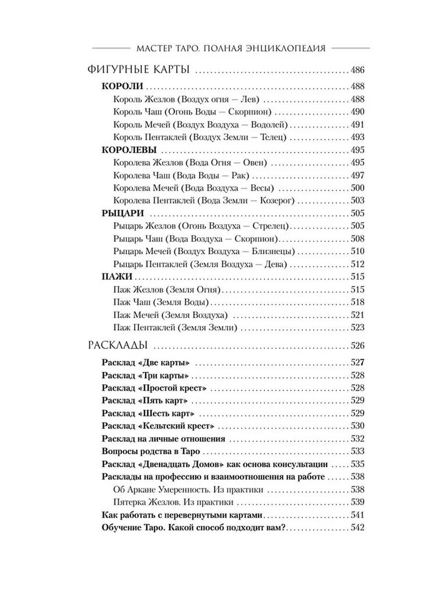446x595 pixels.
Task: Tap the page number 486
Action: coord(357,69)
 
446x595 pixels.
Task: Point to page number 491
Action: coord(357,124)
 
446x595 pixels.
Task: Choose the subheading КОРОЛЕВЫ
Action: coord(129,150)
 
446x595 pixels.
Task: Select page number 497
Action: coord(357,176)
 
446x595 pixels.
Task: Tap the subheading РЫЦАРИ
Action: coord(122,213)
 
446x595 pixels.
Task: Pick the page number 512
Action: coord(357,264)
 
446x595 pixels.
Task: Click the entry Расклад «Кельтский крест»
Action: coord(158,426)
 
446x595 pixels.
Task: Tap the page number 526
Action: coord(357,345)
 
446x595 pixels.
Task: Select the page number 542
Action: coord(357,528)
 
